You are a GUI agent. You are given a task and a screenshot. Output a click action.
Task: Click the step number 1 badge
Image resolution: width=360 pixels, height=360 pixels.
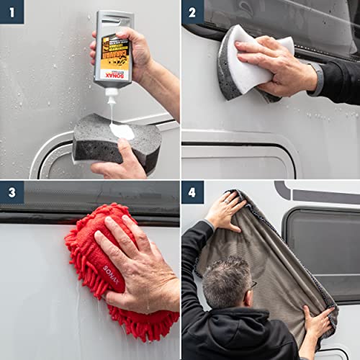click(12, 12)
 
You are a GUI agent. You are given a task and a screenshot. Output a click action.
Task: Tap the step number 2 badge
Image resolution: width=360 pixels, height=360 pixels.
click(192, 12)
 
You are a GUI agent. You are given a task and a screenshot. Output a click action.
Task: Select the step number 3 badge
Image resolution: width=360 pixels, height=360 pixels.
click(12, 193)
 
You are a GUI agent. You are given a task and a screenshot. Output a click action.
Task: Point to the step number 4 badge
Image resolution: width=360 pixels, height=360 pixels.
click(192, 193)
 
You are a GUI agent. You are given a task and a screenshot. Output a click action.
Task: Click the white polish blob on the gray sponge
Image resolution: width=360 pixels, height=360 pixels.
click(122, 131)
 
